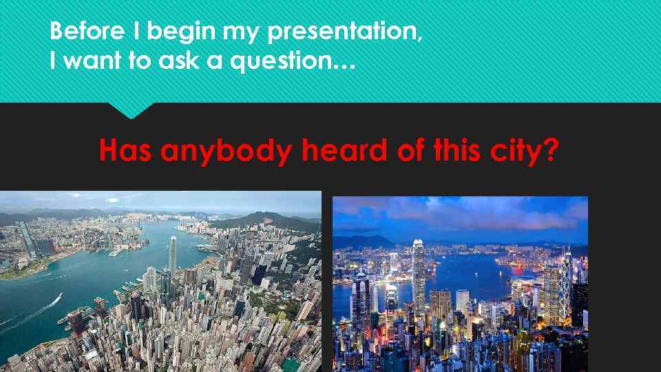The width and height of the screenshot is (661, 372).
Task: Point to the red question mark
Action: [549, 149]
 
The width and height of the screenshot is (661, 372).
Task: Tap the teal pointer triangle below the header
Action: [130, 110]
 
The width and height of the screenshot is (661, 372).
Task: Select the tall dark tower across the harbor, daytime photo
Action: [28, 238]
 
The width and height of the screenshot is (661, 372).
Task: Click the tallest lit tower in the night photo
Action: [418, 269]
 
